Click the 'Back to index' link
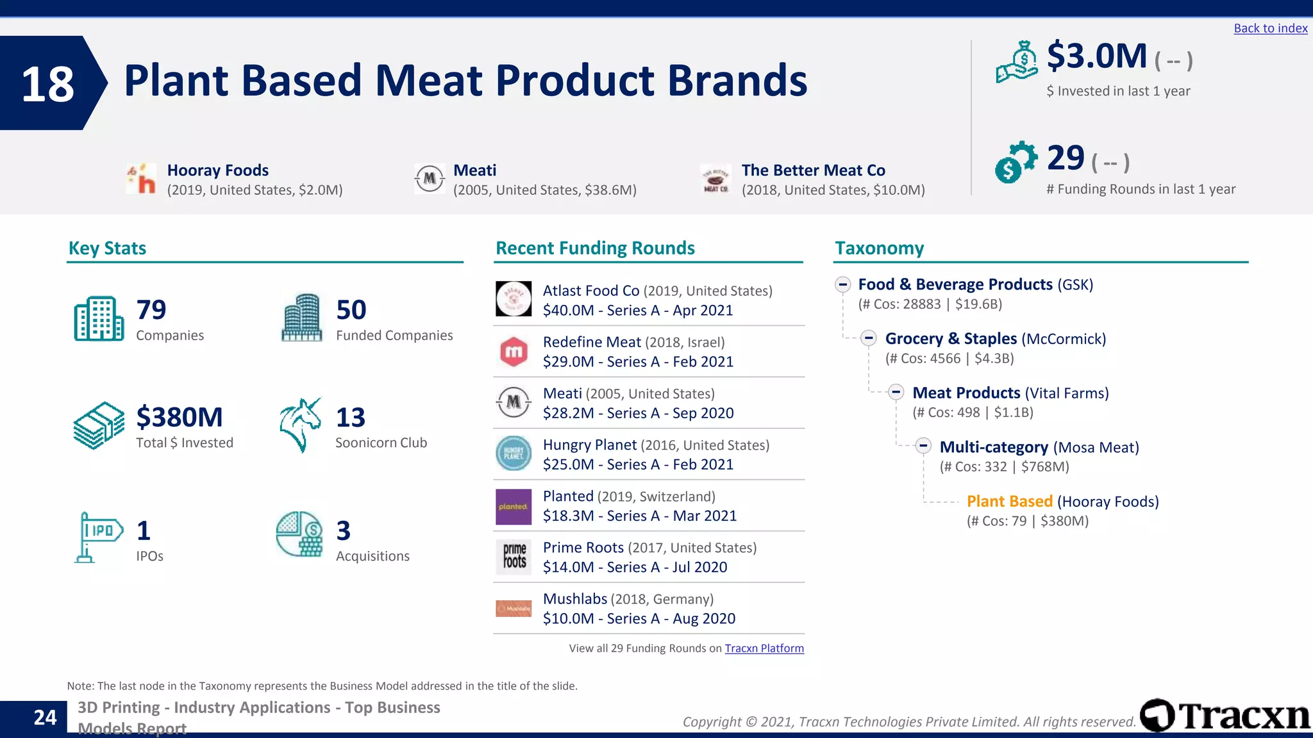pyautogui.click(x=1270, y=28)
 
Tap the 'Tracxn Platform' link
pyautogui.click(x=764, y=648)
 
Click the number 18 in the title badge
pyautogui.click(x=47, y=84)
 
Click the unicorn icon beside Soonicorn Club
pyautogui.click(x=300, y=425)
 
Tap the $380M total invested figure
pyautogui.click(x=180, y=418)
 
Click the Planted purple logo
pyautogui.click(x=514, y=507)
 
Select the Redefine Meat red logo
pyautogui.click(x=514, y=352)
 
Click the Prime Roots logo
pyautogui.click(x=514, y=557)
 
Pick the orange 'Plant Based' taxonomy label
pyautogui.click(x=1009, y=502)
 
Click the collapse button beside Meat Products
pyautogui.click(x=896, y=393)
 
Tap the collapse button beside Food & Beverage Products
pyautogui.click(x=842, y=284)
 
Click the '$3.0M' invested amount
pyautogui.click(x=1096, y=56)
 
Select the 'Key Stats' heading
pyautogui.click(x=107, y=249)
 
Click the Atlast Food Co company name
pyautogui.click(x=591, y=291)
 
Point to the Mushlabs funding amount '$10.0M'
pyautogui.click(x=568, y=619)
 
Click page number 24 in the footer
pyautogui.click(x=45, y=717)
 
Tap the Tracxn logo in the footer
pyautogui.click(x=1225, y=715)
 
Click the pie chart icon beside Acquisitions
pyautogui.click(x=299, y=534)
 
